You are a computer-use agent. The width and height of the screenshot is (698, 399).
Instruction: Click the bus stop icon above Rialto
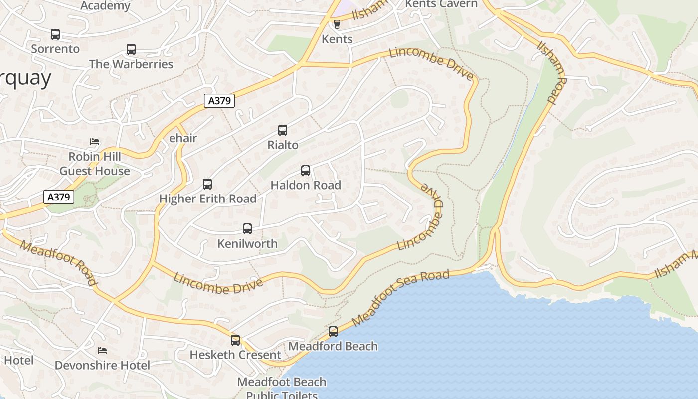click(283, 130)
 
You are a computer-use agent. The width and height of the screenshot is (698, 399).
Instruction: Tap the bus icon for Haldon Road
click(306, 171)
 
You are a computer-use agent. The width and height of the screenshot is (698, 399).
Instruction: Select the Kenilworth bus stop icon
click(247, 229)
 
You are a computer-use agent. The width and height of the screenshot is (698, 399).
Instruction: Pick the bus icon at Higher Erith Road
click(207, 184)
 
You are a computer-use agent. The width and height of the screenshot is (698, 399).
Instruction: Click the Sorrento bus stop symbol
click(55, 34)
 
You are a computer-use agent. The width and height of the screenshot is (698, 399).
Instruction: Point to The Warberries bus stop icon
click(131, 49)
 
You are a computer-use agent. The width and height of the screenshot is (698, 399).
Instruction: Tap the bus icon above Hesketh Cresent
click(235, 340)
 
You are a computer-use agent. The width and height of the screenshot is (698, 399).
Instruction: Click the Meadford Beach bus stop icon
click(333, 331)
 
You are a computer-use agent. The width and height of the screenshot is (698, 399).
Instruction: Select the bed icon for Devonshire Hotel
click(102, 351)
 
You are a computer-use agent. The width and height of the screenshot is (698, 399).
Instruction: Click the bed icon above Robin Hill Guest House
click(95, 142)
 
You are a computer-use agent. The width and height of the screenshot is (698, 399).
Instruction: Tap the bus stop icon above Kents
click(337, 24)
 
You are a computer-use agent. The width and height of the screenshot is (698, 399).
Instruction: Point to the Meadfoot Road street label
click(59, 263)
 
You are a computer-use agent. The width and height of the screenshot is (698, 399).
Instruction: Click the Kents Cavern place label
click(441, 4)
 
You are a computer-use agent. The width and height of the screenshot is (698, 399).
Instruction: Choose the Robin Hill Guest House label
click(95, 164)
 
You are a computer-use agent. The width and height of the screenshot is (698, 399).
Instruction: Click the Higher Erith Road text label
click(207, 199)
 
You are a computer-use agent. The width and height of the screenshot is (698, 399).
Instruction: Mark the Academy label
click(105, 6)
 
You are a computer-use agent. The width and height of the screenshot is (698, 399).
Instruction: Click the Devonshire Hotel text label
click(102, 365)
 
